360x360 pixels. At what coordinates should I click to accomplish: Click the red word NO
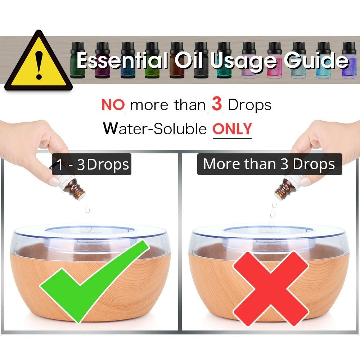point(113,105)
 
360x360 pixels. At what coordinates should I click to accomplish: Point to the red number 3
point(216,104)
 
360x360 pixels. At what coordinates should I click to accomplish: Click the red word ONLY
point(232,129)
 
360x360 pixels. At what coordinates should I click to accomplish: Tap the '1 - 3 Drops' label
point(91,165)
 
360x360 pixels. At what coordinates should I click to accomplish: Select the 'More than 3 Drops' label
point(270,164)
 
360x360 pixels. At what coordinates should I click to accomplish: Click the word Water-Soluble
point(155,129)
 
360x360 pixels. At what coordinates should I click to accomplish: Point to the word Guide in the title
point(316,60)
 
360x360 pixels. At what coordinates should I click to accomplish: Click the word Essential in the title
point(122,60)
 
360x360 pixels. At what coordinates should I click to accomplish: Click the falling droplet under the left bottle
point(87,210)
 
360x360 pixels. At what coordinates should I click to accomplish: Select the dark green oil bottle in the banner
point(78,60)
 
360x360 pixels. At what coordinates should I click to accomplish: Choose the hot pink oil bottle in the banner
point(274,60)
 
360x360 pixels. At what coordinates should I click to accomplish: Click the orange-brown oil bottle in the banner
point(177,60)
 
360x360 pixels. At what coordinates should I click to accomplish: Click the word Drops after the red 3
point(249,105)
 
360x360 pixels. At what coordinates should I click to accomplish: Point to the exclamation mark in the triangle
point(39,65)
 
